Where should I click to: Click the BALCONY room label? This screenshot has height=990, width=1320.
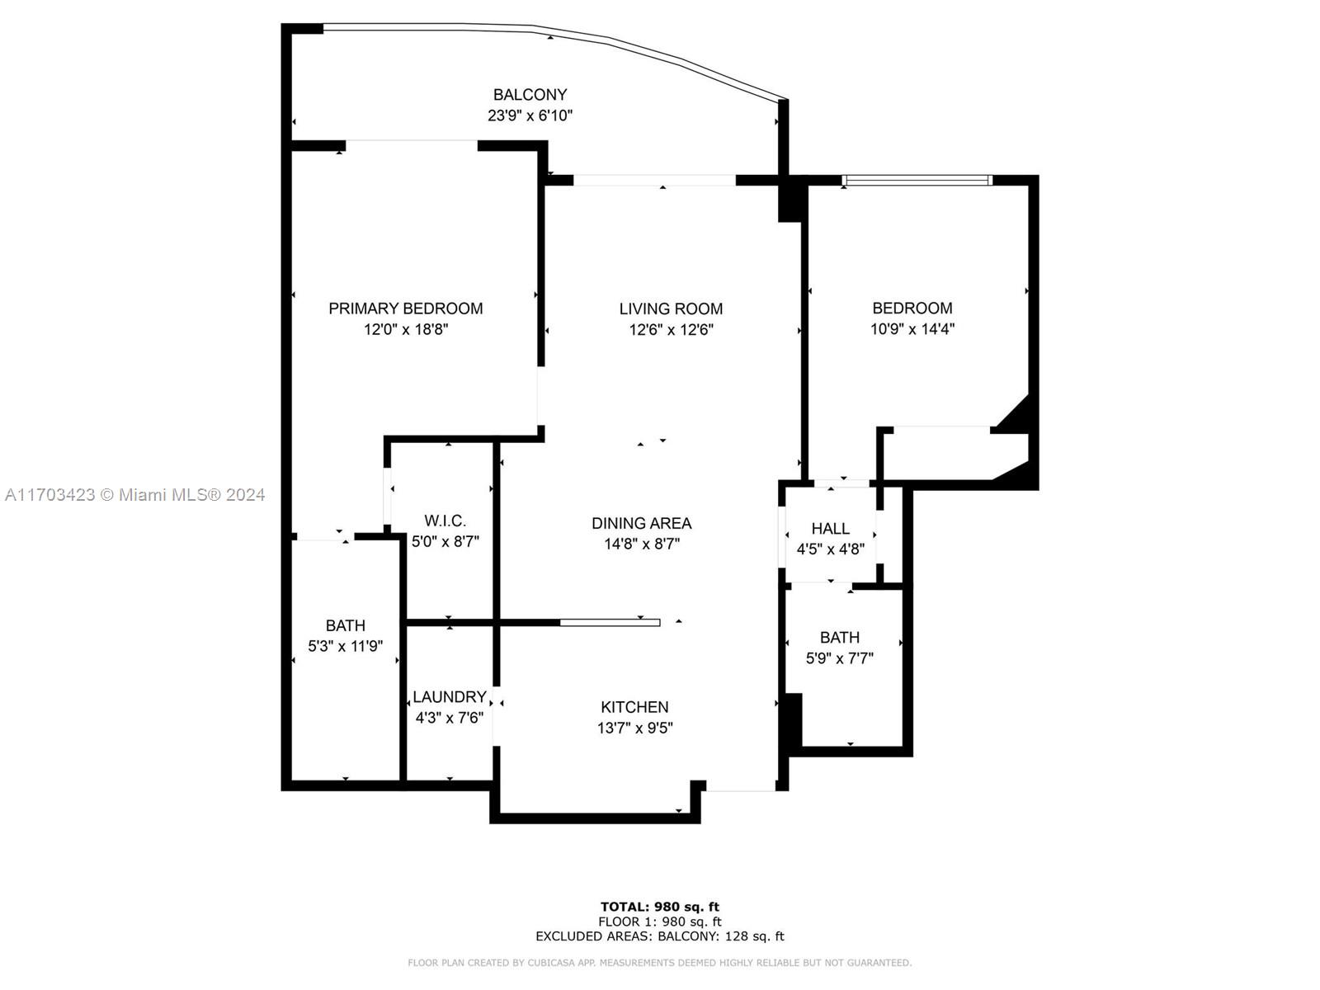[530, 95]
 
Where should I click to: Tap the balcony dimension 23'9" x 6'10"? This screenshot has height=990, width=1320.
[530, 115]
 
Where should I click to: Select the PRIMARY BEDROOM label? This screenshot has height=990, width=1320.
[405, 309]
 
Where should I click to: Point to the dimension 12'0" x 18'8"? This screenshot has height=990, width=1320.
[406, 329]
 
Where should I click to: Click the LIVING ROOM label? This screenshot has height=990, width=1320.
[671, 309]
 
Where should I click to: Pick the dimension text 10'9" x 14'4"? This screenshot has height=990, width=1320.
[912, 329]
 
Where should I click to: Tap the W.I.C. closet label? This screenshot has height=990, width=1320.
[445, 521]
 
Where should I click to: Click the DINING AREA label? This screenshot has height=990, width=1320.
[642, 524]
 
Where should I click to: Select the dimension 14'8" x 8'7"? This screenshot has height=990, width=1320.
[642, 544]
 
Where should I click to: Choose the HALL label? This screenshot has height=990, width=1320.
[831, 529]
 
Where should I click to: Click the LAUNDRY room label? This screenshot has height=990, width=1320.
[450, 697]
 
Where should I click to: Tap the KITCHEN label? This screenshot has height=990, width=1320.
[634, 708]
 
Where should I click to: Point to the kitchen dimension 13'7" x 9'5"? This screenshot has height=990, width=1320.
[635, 728]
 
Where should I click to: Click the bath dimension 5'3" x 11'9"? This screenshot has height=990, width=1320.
[345, 646]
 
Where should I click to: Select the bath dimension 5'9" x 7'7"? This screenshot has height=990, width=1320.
[840, 658]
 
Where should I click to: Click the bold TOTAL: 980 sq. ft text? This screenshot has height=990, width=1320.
[660, 907]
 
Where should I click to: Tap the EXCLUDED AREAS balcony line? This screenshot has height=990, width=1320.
[660, 936]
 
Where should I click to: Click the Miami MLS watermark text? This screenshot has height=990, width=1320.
[134, 495]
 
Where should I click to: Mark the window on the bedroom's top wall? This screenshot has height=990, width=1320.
[917, 179]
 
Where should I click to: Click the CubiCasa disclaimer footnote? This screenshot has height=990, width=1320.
[660, 963]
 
